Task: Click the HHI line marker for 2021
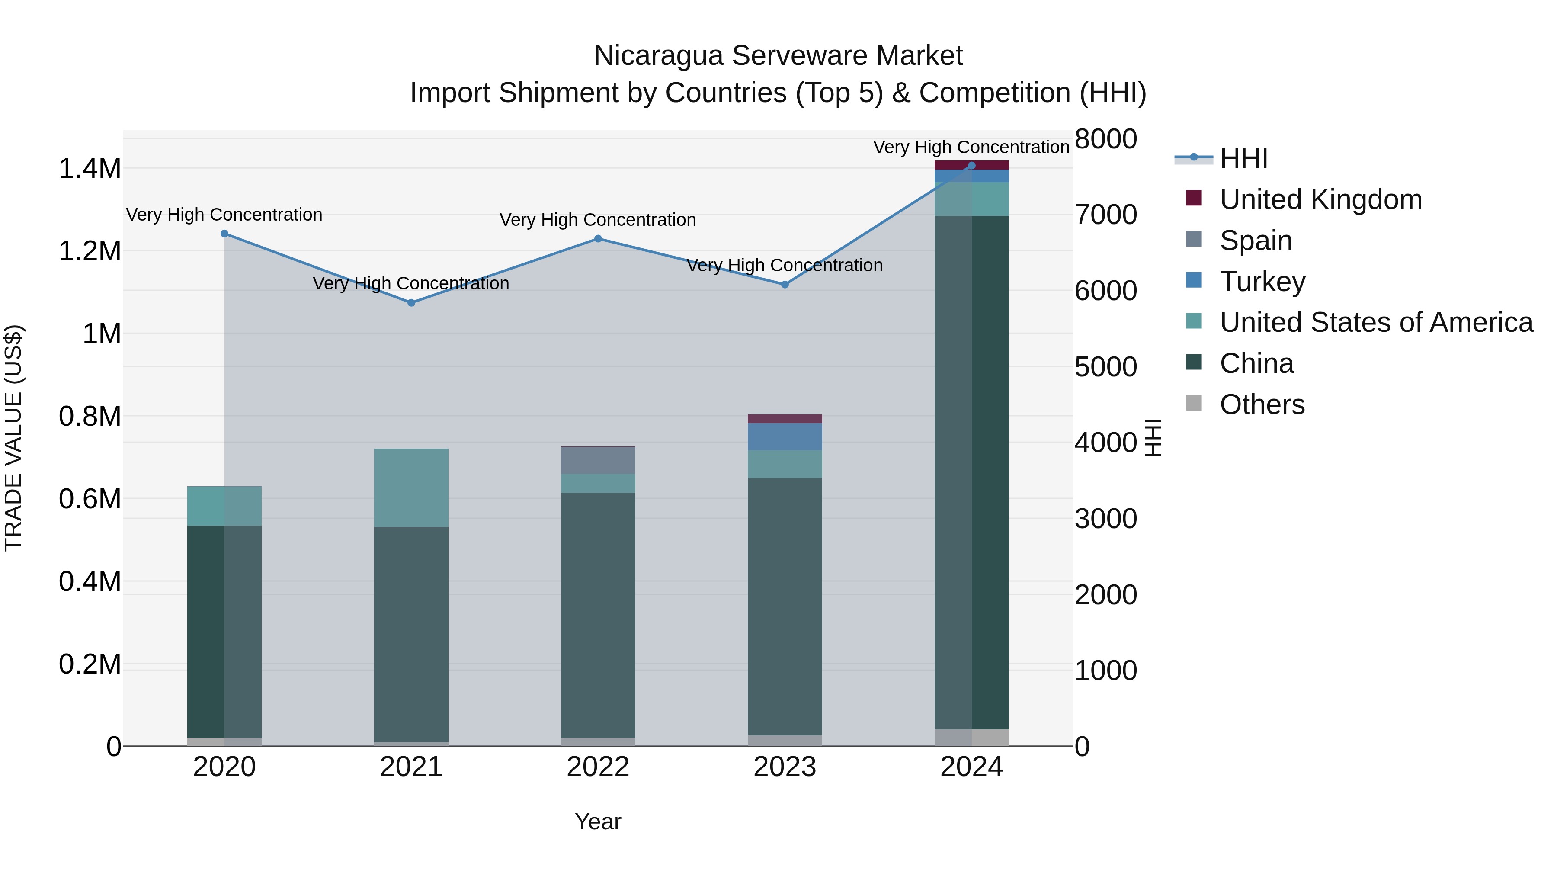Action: click(411, 302)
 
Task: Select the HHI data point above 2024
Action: click(971, 165)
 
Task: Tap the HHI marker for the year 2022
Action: click(598, 238)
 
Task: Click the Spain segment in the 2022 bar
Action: click(598, 460)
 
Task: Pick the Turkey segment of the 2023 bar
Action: click(785, 436)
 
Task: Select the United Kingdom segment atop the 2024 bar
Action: click(971, 165)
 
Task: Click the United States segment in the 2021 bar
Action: click(411, 487)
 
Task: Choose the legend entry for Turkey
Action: click(1262, 282)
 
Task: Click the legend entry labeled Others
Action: click(1262, 404)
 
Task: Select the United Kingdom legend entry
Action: click(1321, 199)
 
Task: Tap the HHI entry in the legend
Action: click(1243, 158)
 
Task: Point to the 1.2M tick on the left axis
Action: click(90, 251)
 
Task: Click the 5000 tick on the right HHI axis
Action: click(1105, 366)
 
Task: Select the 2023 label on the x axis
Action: click(785, 767)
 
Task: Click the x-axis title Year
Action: click(598, 821)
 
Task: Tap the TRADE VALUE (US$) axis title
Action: click(13, 438)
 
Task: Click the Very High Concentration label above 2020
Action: click(224, 215)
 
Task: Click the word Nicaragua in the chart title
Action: click(658, 56)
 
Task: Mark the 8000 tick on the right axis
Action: click(1105, 138)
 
